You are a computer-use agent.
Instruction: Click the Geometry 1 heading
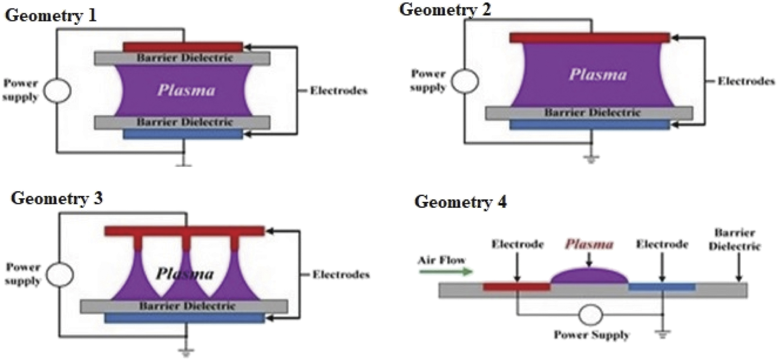tap(51, 16)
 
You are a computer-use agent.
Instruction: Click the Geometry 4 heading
tap(460, 202)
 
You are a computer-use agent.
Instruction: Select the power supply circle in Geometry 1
tap(57, 91)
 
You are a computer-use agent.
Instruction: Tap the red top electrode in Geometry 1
tap(182, 46)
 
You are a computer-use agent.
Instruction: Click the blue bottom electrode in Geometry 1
tap(182, 134)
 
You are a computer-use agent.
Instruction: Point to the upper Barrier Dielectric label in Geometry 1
tap(184, 58)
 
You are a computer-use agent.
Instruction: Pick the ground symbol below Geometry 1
tap(184, 164)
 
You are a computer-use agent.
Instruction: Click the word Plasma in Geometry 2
tap(598, 75)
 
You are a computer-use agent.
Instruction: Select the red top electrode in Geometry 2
tap(589, 38)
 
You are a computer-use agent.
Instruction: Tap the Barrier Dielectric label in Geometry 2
tap(592, 113)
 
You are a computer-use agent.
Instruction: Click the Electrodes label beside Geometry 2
tap(746, 81)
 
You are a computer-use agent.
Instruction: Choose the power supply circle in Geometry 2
tap(465, 81)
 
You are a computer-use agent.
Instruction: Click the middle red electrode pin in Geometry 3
tap(186, 243)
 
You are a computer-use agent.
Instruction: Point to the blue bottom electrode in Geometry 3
tap(184, 318)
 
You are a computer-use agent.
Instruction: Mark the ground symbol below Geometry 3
tap(186, 351)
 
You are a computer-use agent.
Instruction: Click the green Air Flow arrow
tap(445, 271)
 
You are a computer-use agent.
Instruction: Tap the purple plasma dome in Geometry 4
tap(589, 276)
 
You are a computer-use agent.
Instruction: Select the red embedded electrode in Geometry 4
tap(516, 287)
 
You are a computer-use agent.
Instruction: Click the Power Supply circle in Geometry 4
tap(590, 315)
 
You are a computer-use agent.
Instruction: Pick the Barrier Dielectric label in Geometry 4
tap(734, 239)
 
